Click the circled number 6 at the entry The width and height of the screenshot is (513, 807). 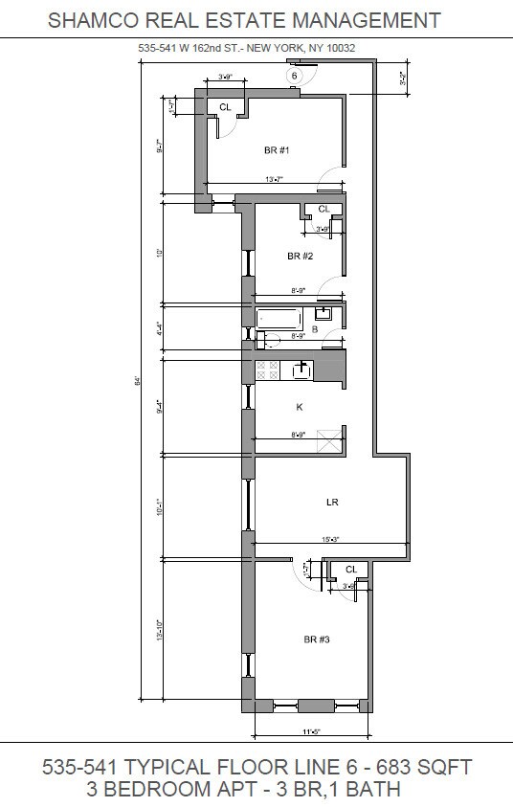(x=295, y=76)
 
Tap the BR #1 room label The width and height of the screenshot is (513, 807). (x=277, y=150)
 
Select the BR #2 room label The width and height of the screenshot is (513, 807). (x=300, y=257)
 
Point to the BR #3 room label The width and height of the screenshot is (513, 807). (x=317, y=639)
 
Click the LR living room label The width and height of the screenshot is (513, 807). (x=332, y=501)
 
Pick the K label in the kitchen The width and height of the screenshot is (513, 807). (x=300, y=407)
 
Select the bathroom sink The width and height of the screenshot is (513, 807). (x=324, y=312)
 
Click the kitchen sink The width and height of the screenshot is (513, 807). (x=301, y=368)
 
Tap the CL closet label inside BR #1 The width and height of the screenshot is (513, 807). (x=225, y=107)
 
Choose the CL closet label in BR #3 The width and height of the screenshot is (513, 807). (x=350, y=570)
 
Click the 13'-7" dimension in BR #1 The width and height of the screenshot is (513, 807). (x=276, y=179)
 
